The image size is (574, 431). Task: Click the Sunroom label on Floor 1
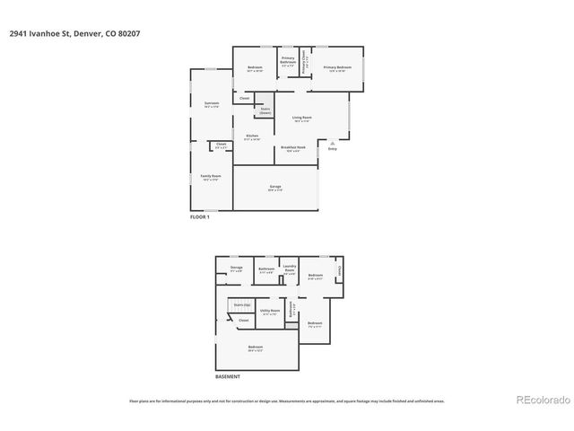coord(211,103)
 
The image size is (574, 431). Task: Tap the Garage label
coord(275,187)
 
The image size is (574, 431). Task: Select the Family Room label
coord(211,177)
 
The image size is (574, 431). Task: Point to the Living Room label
coord(301,118)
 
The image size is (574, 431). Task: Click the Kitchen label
coord(253,136)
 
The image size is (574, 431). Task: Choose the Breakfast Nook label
coord(294,147)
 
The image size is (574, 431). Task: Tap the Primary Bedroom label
coord(337,67)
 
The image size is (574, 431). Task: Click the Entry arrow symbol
coord(333,141)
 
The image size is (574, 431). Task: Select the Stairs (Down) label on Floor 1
coord(265,110)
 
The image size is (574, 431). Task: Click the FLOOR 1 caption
coord(199,217)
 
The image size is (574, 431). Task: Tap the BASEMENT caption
coord(228,376)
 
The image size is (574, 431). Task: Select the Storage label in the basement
coord(237,268)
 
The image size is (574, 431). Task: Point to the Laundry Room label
coord(290,268)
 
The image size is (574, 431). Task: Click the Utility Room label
coord(270,311)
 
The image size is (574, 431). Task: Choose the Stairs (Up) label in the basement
coord(241,305)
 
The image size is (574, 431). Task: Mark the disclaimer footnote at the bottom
coord(287,401)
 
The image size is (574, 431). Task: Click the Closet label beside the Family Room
coord(221,145)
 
